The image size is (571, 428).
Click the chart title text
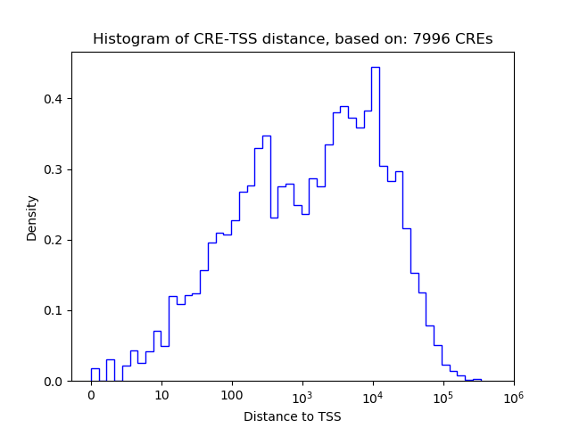click(x=293, y=39)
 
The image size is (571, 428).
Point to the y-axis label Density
click(x=32, y=217)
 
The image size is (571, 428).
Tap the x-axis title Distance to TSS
click(x=293, y=416)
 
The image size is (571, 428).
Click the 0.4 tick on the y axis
click(x=54, y=99)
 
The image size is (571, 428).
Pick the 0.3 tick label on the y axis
click(x=54, y=169)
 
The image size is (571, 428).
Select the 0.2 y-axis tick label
click(x=54, y=240)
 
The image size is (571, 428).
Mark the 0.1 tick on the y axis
click(x=54, y=311)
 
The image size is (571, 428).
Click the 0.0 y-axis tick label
click(x=54, y=382)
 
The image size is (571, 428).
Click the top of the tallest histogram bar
click(x=376, y=68)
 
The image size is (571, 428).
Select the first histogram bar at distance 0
click(x=95, y=375)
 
